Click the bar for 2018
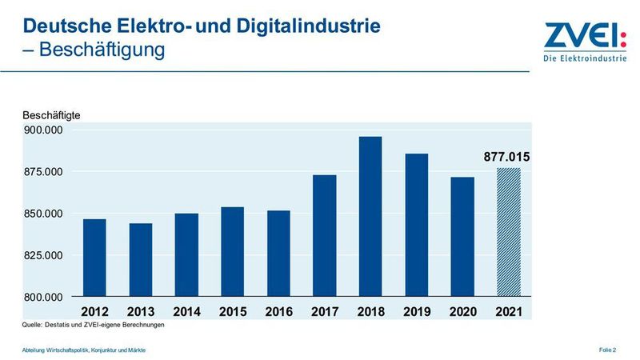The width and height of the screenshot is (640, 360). [x=370, y=217]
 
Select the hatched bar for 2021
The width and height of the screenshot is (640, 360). [x=508, y=232]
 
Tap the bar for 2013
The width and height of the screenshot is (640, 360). [x=141, y=260]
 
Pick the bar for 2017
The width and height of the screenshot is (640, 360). [x=324, y=236]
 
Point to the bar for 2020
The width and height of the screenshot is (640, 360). [x=462, y=237]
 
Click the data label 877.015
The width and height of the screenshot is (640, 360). [x=507, y=157]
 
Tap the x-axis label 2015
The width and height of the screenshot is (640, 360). [x=232, y=310]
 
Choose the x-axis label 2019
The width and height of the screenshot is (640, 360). [x=416, y=310]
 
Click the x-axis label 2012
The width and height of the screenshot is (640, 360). [x=94, y=310]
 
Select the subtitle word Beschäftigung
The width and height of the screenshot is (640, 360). [x=102, y=50]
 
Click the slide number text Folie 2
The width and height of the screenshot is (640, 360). [x=607, y=350]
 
